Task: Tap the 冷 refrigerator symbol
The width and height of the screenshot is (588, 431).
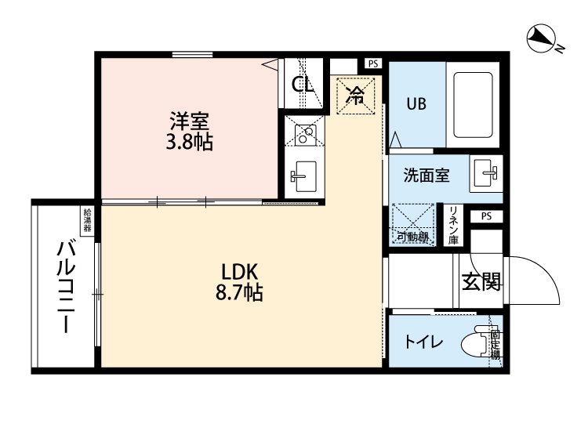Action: [355, 96]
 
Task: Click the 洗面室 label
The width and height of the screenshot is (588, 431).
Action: [426, 175]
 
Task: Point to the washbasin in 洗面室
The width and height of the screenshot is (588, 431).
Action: [486, 173]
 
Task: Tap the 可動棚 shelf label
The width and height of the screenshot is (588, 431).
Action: [412, 237]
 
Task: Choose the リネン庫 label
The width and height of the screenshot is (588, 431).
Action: [454, 226]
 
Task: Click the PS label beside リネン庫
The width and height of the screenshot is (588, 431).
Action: [486, 216]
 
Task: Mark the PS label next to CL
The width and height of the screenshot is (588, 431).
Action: [372, 63]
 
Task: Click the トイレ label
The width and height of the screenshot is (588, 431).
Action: [424, 342]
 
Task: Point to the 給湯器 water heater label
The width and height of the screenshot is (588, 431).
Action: [86, 222]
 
